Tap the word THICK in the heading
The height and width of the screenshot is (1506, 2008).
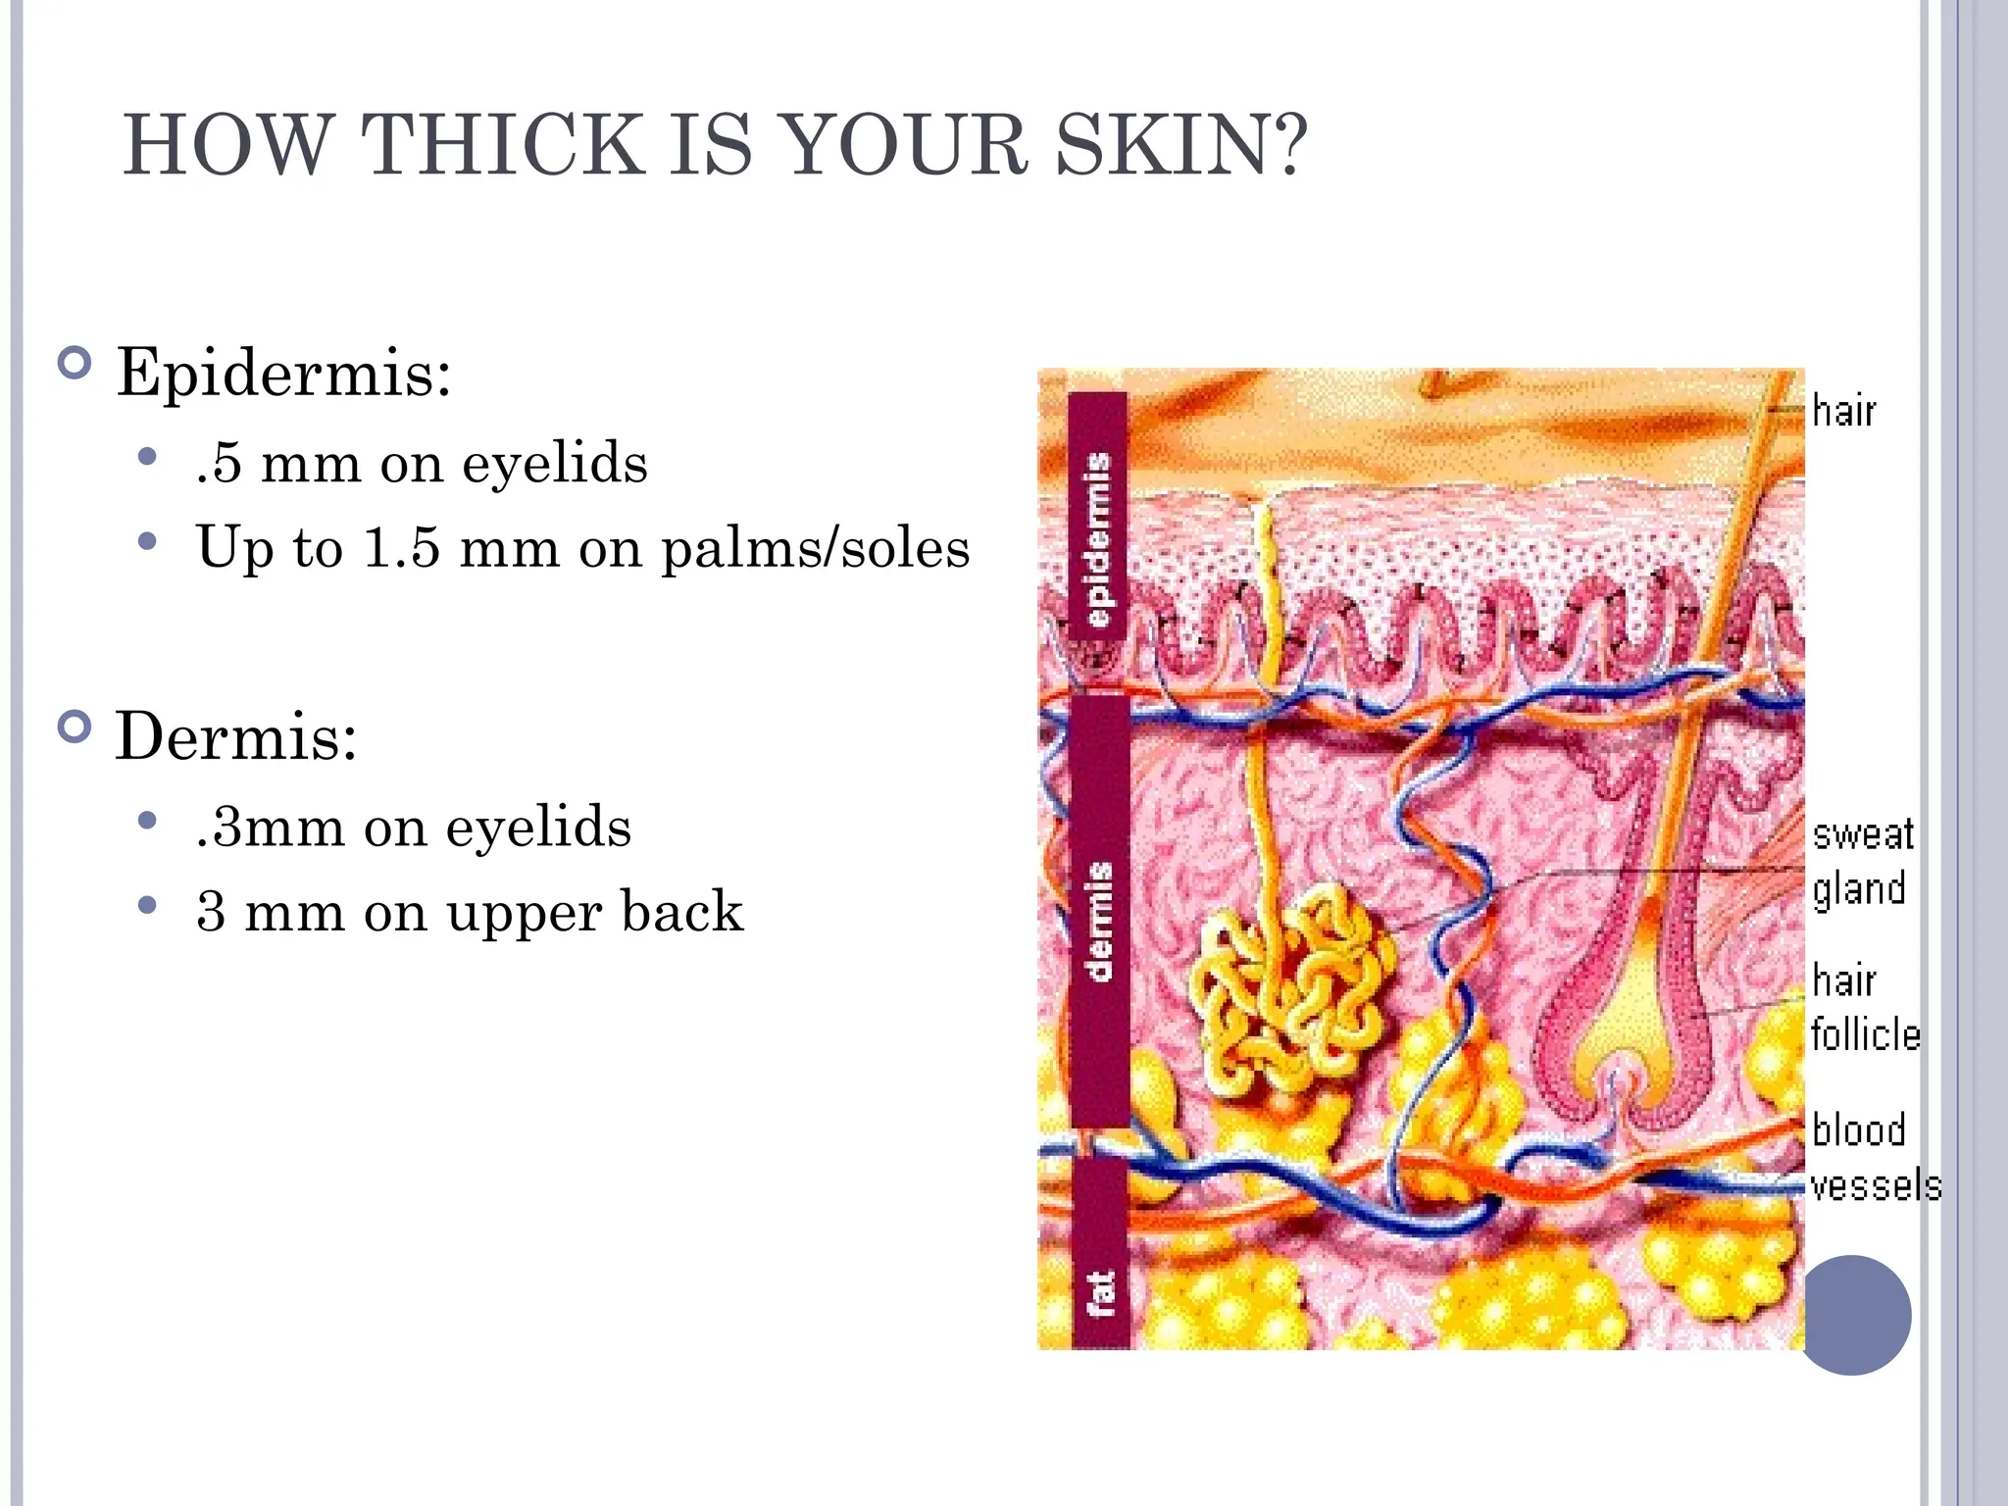(x=501, y=145)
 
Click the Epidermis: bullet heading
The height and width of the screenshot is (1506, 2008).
(x=283, y=374)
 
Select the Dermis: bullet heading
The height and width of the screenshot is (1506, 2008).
(x=236, y=735)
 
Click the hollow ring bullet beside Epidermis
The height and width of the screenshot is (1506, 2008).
(x=75, y=364)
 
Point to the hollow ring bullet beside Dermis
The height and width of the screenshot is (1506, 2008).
(x=75, y=727)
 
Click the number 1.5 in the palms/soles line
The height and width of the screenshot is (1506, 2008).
(x=401, y=547)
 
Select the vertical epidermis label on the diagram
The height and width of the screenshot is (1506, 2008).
(x=1099, y=539)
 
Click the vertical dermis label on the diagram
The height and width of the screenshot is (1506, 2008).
(x=1099, y=921)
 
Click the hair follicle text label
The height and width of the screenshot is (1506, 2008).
(x=1863, y=1007)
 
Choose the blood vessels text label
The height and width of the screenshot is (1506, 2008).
(x=1873, y=1158)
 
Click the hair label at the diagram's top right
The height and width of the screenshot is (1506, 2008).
(x=1843, y=412)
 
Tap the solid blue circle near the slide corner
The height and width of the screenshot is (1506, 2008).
(x=1854, y=1315)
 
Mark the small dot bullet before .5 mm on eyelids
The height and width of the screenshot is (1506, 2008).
(x=148, y=457)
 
